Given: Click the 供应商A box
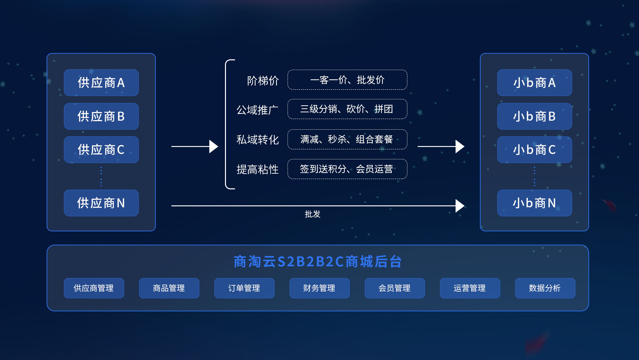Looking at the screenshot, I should coord(101,83).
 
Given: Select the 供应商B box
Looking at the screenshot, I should coord(101,116).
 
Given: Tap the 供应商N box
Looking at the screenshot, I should coord(101,203).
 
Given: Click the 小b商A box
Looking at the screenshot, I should coord(534,83).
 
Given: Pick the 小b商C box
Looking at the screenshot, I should coord(534,150).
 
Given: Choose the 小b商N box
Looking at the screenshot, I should coord(534,203).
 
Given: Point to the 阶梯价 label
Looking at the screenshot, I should coord(263,81).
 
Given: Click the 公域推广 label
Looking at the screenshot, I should coord(257,110).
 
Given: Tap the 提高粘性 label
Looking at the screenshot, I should coord(257,169).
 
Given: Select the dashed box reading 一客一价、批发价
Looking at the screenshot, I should coord(347,80).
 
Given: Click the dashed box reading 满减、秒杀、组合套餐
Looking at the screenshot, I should coord(347,139).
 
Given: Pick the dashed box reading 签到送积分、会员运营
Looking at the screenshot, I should coord(347,169).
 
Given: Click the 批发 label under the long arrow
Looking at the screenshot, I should coord(313,214).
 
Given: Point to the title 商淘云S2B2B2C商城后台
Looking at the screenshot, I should coord(318,262).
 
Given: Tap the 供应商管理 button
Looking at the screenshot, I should coord(94,288).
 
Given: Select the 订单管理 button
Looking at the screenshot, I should coord(244,288).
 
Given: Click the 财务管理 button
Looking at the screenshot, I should coord(319,288).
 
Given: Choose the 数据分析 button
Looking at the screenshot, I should coord(545,288).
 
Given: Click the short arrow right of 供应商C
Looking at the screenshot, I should coord(195,146).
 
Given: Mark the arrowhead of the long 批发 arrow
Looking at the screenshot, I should coord(460,206).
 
